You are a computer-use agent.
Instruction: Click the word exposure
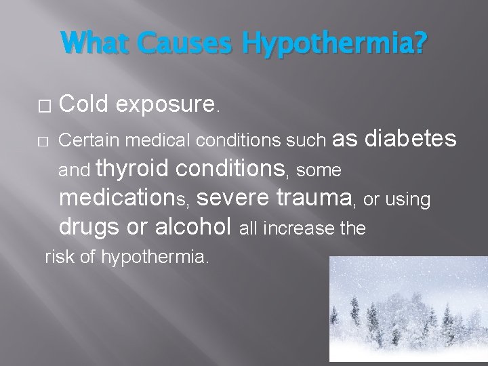point(165,104)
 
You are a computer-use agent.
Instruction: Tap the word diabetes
point(411,138)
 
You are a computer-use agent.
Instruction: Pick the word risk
point(57,257)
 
